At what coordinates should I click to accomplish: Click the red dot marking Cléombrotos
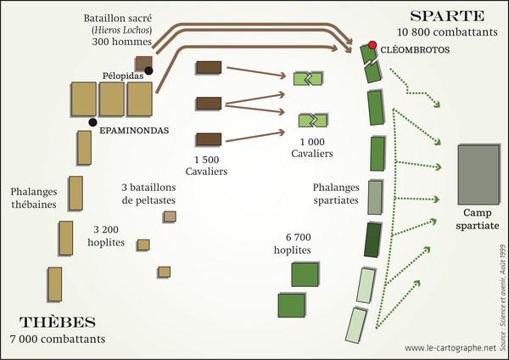click(371, 44)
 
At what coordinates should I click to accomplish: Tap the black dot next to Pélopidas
click(149, 70)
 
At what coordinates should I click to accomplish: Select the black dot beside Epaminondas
click(82, 124)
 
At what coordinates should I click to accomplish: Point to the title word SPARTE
click(447, 15)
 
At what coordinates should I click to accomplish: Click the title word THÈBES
click(58, 323)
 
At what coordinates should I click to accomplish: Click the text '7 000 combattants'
click(58, 339)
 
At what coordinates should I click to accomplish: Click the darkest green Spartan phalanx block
click(372, 239)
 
